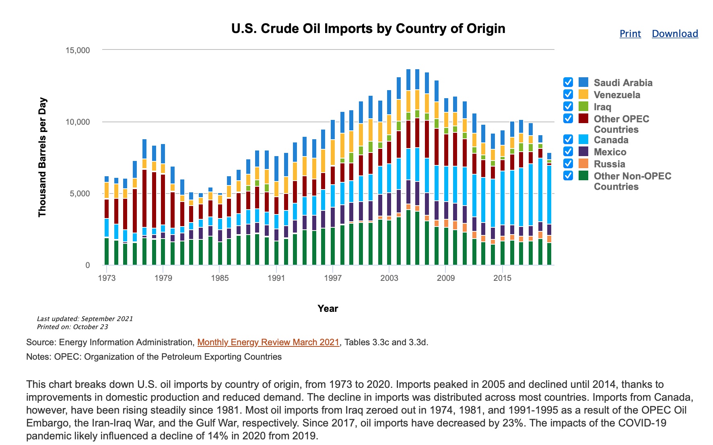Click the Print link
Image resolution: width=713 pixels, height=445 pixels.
(630, 34)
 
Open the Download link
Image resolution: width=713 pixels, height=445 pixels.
(675, 34)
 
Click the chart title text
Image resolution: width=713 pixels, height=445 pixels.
(368, 29)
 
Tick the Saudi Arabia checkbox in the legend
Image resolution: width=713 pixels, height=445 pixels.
(568, 82)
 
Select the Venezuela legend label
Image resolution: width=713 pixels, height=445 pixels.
(617, 95)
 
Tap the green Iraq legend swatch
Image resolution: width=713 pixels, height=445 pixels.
(583, 107)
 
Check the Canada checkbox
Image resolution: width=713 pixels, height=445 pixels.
(568, 140)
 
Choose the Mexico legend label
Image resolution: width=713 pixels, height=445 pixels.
(610, 152)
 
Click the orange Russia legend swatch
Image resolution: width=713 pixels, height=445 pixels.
(583, 164)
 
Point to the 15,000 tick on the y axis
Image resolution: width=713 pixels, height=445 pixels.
(78, 50)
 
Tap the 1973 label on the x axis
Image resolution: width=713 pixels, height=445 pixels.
(107, 278)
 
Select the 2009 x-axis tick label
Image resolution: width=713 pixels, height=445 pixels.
(446, 278)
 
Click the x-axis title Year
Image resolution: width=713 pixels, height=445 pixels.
(328, 309)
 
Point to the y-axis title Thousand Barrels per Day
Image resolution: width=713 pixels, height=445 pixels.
(42, 157)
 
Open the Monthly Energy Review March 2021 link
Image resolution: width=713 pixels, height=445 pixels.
(268, 342)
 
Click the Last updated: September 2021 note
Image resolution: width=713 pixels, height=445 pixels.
(85, 319)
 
